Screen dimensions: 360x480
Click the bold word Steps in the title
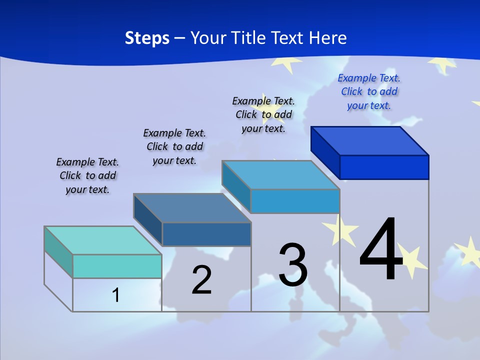tap(147, 38)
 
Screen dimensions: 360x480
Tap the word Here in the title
tap(328, 38)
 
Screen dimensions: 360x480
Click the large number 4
tap(381, 249)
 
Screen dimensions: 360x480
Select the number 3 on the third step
tap(293, 265)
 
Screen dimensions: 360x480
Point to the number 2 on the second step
tap(201, 280)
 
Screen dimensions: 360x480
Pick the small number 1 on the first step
tap(116, 295)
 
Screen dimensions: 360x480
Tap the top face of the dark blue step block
tap(192, 208)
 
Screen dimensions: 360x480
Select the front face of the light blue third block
tap(295, 201)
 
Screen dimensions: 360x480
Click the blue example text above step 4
tap(369, 92)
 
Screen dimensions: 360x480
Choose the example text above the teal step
tap(87, 176)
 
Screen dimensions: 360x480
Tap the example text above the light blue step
tap(263, 114)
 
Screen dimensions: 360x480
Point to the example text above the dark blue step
tap(174, 147)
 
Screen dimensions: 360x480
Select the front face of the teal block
tap(117, 266)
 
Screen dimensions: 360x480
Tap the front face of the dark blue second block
tap(206, 234)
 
